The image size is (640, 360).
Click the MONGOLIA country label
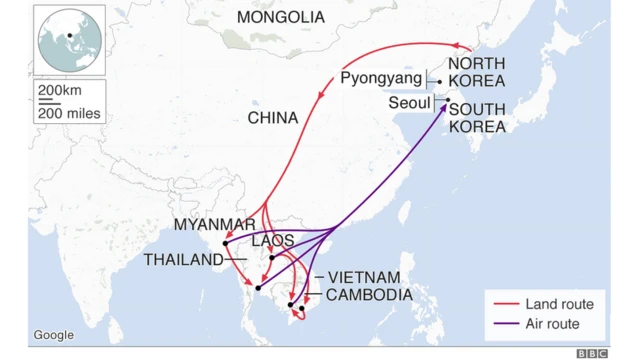pyautogui.click(x=281, y=17)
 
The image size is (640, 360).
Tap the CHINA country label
pyautogui.click(x=273, y=118)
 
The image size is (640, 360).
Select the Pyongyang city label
pyautogui.click(x=381, y=78)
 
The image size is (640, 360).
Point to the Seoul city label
pyautogui.click(x=409, y=102)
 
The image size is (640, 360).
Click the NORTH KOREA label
pyautogui.click(x=476, y=72)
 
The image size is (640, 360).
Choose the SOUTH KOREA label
pyautogui.click(x=477, y=118)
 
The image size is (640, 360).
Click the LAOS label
pyautogui.click(x=272, y=241)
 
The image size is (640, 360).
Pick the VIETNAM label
pyautogui.click(x=364, y=276)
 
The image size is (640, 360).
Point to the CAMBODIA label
pyautogui.click(x=369, y=294)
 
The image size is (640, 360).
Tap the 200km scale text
pyautogui.click(x=58, y=91)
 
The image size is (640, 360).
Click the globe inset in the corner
pyautogui.click(x=69, y=39)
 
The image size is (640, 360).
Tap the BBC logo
pyautogui.click(x=592, y=353)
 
